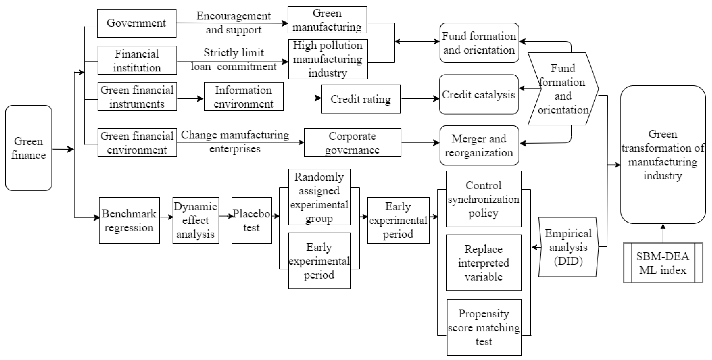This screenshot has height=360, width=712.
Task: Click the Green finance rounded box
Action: point(28,148)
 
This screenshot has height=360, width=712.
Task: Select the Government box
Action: point(136,23)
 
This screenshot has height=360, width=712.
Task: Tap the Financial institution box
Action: point(137,60)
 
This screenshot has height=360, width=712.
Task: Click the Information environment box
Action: point(244,96)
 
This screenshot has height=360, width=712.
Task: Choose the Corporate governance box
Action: point(352,142)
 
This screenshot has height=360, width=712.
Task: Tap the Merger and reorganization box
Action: point(479,145)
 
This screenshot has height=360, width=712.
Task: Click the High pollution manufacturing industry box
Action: point(328,59)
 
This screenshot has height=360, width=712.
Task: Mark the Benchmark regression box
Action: point(129,220)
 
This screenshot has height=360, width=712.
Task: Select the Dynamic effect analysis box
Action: point(196,220)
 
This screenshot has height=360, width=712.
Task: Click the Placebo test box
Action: point(252,220)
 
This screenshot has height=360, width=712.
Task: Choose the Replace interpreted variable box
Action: point(484,263)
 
